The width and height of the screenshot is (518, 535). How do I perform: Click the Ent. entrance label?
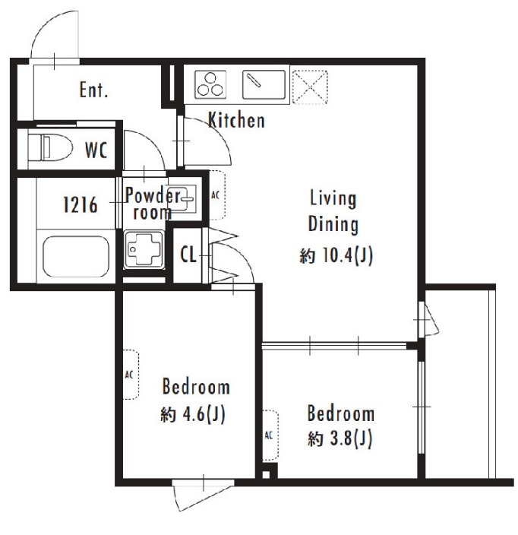tap(93, 90)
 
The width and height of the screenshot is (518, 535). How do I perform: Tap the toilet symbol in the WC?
tap(50, 148)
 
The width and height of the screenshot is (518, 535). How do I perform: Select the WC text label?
tap(96, 150)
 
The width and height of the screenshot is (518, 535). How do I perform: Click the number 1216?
tap(81, 205)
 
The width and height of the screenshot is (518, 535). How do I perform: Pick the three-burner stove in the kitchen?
tap(210, 84)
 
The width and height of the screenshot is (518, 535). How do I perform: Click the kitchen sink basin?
tap(264, 84)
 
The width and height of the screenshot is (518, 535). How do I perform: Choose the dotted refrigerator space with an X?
tap(310, 87)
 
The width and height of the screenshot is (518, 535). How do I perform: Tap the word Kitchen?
tap(236, 120)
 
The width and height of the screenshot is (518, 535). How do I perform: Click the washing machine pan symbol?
tap(144, 249)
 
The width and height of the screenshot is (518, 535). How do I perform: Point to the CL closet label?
tap(188, 254)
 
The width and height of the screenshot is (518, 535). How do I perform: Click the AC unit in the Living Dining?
tap(217, 195)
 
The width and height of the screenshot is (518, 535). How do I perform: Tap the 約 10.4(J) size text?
tap(336, 256)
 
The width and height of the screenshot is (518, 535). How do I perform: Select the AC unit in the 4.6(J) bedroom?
tap(131, 375)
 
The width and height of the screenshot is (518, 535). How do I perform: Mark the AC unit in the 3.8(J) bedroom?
tap(270, 435)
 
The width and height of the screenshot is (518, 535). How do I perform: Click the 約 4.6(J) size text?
tap(193, 414)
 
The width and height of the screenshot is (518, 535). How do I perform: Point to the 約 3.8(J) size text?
tap(340, 438)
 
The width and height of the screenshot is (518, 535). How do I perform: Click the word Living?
tap(333, 198)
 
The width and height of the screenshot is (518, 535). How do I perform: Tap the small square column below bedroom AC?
tap(266, 475)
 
